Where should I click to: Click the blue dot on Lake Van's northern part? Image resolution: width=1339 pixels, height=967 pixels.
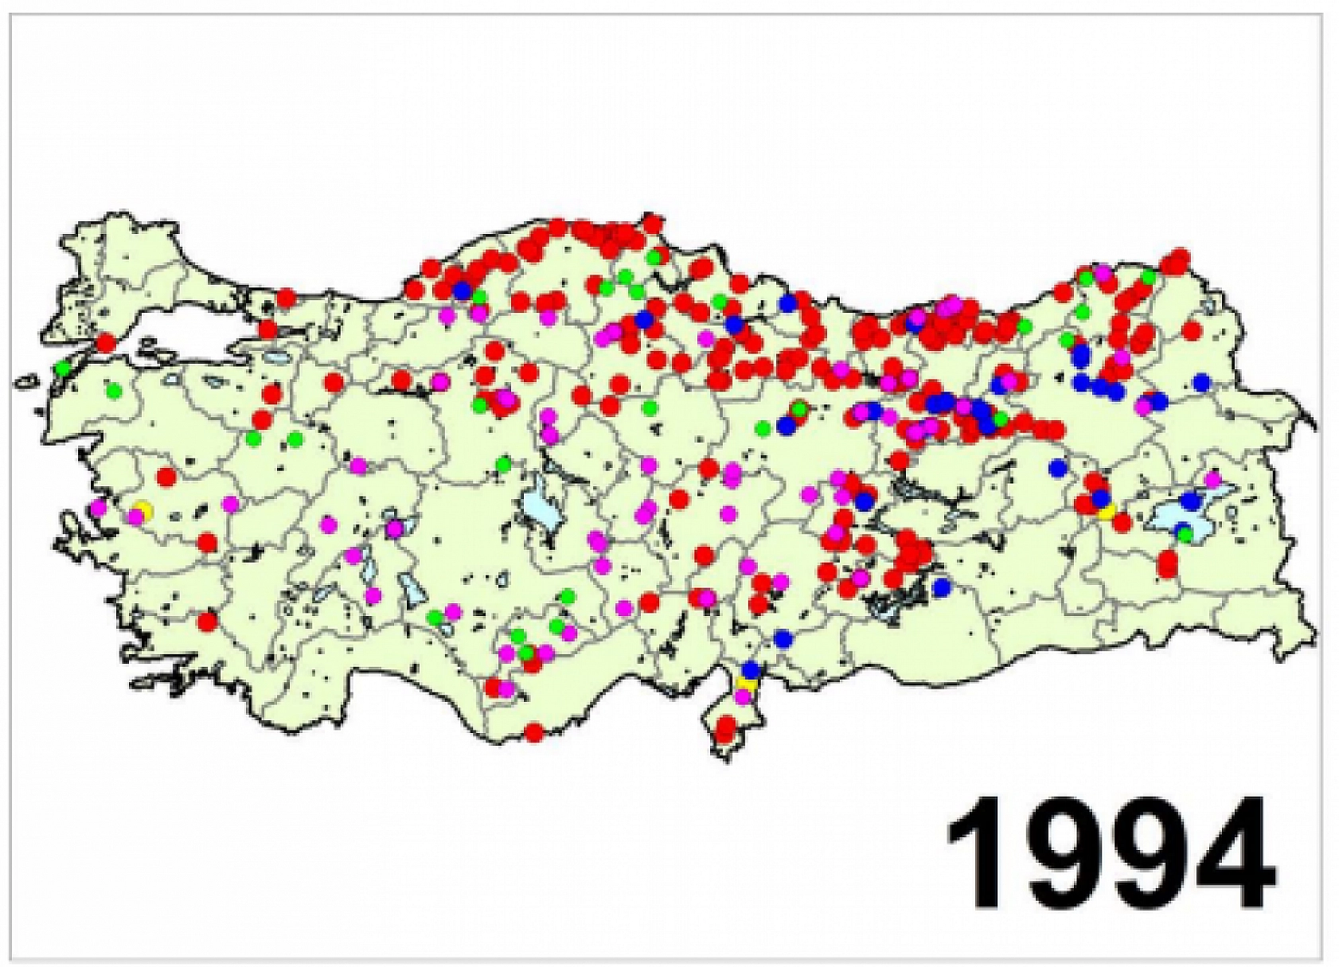click(x=1190, y=501)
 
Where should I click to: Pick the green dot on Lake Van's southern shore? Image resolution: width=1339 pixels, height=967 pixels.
click(x=1185, y=534)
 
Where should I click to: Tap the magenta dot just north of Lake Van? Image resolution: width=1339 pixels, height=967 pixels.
click(x=1212, y=480)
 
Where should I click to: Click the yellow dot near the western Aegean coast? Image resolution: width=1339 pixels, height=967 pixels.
click(x=142, y=509)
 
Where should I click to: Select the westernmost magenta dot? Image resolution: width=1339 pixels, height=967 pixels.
click(x=99, y=507)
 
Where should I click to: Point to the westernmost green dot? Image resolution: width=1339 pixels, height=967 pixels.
click(x=63, y=368)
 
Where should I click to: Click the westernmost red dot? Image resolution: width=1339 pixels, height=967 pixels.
click(x=106, y=343)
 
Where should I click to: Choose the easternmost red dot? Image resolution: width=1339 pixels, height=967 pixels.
click(x=1192, y=330)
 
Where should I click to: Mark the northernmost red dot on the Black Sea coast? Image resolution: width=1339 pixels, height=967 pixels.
click(x=653, y=221)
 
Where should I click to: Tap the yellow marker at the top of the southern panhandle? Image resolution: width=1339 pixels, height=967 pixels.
click(x=747, y=684)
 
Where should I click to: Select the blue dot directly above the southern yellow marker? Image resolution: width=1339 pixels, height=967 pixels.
click(x=751, y=669)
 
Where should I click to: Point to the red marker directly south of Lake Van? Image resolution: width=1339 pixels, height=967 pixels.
click(x=1167, y=564)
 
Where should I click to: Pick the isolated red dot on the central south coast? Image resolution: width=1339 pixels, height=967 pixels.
click(x=534, y=731)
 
